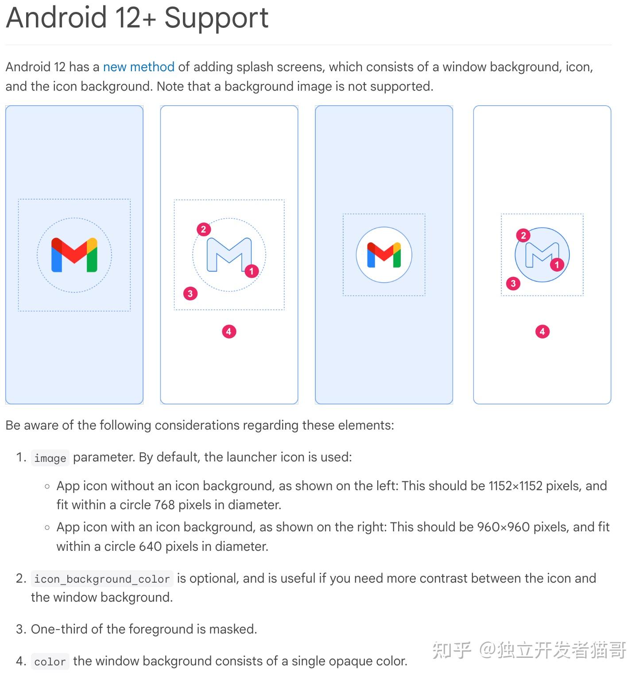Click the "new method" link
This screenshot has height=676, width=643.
pyautogui.click(x=139, y=67)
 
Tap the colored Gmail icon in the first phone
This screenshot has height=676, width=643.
pyautogui.click(x=74, y=255)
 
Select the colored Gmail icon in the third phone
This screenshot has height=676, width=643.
pyautogui.click(x=384, y=255)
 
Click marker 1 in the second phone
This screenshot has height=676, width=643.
pyautogui.click(x=252, y=271)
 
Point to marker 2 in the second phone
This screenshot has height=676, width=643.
pyautogui.click(x=203, y=229)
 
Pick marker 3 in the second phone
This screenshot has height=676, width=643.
pyautogui.click(x=190, y=293)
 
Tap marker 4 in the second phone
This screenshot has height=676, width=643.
pyautogui.click(x=229, y=331)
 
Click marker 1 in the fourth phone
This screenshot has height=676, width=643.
pyautogui.click(x=557, y=265)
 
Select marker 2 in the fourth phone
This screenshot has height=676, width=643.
pyautogui.click(x=523, y=235)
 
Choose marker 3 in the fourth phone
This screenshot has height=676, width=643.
pyautogui.click(x=513, y=283)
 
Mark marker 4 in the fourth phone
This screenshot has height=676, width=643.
pyautogui.click(x=542, y=331)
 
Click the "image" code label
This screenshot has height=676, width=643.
pyautogui.click(x=50, y=458)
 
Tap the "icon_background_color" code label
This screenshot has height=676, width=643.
pyautogui.click(x=102, y=579)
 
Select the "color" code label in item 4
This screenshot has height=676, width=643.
pyautogui.click(x=50, y=662)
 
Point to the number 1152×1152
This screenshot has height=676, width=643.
pyautogui.click(x=515, y=486)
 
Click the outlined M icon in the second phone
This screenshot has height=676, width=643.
pyautogui.click(x=229, y=254)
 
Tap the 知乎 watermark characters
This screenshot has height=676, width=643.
pyautogui.click(x=452, y=650)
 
